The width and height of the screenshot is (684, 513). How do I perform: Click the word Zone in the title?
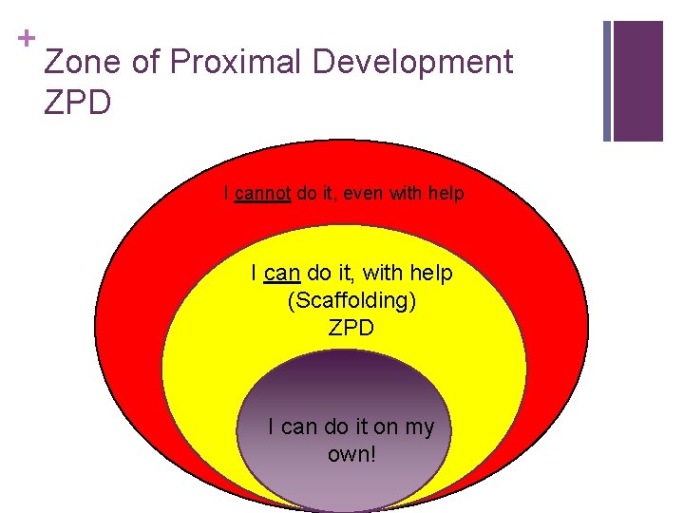[83, 63]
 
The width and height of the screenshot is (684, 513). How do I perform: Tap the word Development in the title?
[413, 63]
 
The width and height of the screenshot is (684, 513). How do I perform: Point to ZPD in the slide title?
[77, 101]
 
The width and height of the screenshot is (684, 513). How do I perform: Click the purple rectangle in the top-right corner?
[637, 81]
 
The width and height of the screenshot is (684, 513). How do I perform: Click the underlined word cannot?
[263, 194]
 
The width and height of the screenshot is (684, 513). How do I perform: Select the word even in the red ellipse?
[364, 194]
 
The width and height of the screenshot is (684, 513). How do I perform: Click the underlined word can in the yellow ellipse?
[283, 274]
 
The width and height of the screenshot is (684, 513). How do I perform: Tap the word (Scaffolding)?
[351, 301]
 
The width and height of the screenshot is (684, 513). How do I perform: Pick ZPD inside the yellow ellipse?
[351, 329]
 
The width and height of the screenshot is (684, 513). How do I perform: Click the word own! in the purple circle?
[351, 454]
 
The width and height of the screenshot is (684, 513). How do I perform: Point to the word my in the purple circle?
[419, 427]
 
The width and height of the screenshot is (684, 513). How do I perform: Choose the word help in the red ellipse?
[446, 194]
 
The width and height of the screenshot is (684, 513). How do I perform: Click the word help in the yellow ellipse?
[431, 274]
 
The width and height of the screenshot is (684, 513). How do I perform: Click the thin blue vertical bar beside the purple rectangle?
[607, 81]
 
